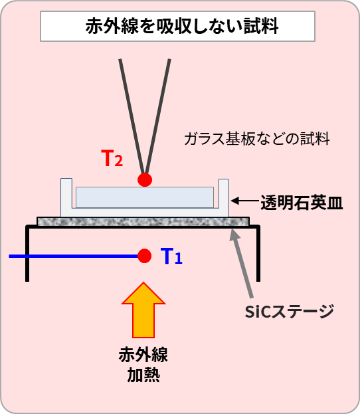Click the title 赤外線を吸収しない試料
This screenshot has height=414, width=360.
click(182, 26)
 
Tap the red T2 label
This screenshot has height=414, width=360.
click(112, 158)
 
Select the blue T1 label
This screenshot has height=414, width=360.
click(171, 256)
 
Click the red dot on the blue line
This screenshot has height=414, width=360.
click(144, 256)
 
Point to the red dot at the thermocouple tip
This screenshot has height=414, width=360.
click(145, 180)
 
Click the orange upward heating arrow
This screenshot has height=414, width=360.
click(143, 310)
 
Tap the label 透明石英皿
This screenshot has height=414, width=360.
click(302, 203)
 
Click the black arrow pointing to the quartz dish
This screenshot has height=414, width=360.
click(244, 201)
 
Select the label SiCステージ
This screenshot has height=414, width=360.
click(290, 312)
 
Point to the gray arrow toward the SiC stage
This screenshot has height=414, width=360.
click(242, 263)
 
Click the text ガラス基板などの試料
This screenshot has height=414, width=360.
click(257, 139)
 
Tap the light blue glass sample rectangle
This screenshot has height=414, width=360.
click(145, 197)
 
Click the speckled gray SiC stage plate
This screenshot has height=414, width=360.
click(143, 222)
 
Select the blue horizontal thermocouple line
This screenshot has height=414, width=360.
click(74, 256)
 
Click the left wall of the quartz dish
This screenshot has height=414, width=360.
click(66, 197)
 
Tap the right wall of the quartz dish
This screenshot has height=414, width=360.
click(223, 197)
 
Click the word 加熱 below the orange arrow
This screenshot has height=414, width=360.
click(143, 375)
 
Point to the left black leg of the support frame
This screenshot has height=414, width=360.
click(27, 253)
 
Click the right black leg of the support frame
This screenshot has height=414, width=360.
click(258, 253)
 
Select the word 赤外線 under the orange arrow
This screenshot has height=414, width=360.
click(143, 355)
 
